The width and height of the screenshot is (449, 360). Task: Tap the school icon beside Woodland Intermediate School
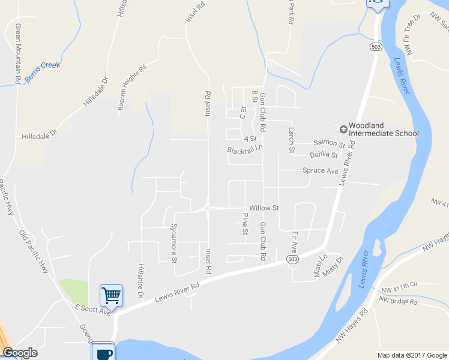(x=343, y=128)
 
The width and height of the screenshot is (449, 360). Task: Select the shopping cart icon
(x=111, y=295)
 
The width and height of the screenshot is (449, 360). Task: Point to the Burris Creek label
(x=43, y=65)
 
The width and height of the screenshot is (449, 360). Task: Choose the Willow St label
(x=265, y=208)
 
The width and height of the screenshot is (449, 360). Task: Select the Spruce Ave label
(x=321, y=170)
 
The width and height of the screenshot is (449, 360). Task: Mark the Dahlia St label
(x=324, y=155)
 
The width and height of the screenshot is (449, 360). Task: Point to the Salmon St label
(x=329, y=144)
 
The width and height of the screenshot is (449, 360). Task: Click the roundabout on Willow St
(x=206, y=208)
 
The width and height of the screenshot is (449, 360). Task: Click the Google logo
(x=20, y=353)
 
